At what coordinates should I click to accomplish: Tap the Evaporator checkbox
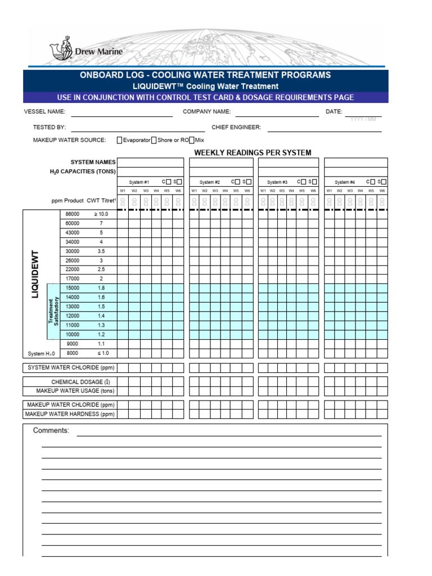pos(120,140)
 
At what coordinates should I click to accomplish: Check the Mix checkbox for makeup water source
pos(192,140)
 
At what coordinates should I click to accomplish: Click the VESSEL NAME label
pos(44,112)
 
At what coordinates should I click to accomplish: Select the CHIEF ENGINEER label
pos(236,128)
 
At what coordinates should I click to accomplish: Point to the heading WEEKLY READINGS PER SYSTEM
pos(253,152)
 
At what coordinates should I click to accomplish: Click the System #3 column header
pos(277,182)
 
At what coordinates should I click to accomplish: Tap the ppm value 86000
pos(73,214)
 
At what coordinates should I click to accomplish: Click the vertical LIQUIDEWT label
pos(35,274)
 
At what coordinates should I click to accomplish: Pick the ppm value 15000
pos(73,288)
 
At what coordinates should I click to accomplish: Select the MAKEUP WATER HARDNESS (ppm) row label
pos(70,415)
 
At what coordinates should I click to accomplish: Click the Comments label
pos(51,431)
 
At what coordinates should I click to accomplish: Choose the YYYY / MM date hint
pos(363,120)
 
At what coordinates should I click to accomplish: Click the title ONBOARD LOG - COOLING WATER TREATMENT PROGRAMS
pos(205,75)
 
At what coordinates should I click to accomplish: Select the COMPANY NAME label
pos(206,112)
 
